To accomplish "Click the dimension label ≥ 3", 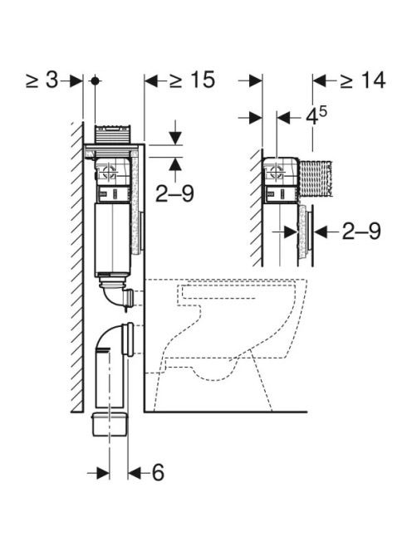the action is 42,80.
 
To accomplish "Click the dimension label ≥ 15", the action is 192,80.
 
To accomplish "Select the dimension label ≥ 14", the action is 363,80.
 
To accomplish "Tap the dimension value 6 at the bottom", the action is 158,472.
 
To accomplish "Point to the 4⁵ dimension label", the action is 316,116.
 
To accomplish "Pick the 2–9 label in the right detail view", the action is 361,232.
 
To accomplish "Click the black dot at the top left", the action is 95,80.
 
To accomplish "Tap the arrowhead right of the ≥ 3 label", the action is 76,80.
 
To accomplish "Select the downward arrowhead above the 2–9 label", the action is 175,138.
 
